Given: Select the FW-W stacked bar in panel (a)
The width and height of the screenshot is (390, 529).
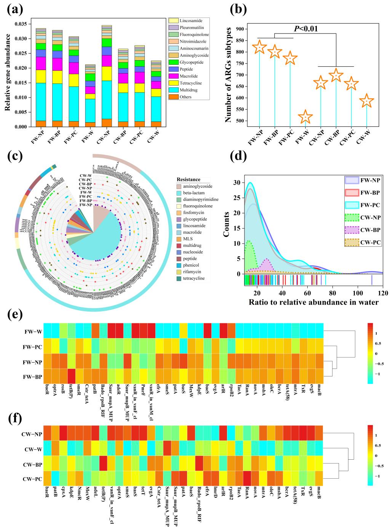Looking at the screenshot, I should [x=90, y=96].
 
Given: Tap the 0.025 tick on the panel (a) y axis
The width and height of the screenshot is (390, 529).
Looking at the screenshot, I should [x=21, y=53].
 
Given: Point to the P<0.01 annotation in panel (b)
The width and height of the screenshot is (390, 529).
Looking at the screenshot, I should [x=306, y=29].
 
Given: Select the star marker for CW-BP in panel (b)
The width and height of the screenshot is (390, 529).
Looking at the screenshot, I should [x=336, y=75].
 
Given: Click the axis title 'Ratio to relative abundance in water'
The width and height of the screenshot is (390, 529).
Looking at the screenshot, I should [x=314, y=302].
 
